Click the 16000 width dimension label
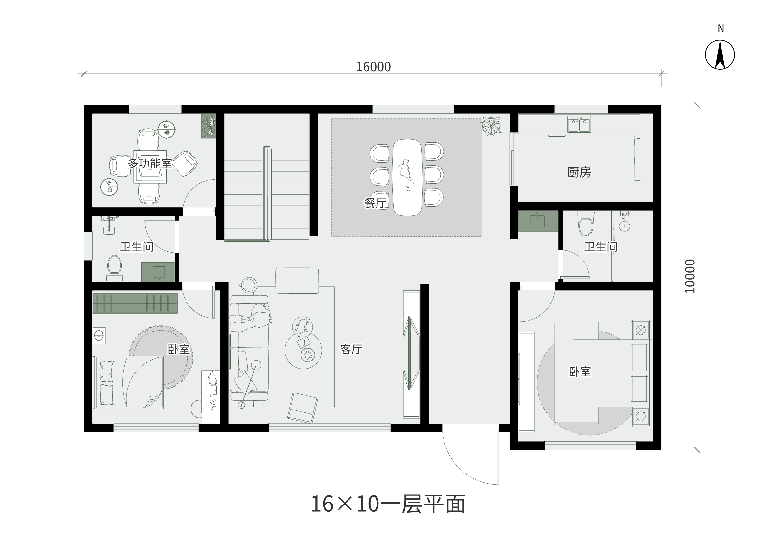[373, 67]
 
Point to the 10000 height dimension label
[690, 276]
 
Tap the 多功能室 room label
[150, 164]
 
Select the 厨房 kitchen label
[579, 172]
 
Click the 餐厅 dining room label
[375, 203]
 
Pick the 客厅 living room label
[351, 349]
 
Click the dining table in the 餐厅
[407, 177]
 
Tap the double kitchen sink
[579, 124]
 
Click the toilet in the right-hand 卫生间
[586, 223]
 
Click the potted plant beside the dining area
[491, 126]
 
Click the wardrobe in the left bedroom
[135, 303]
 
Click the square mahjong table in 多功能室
[150, 167]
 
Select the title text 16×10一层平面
[388, 504]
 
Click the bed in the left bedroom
[129, 382]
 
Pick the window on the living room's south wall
[329, 428]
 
